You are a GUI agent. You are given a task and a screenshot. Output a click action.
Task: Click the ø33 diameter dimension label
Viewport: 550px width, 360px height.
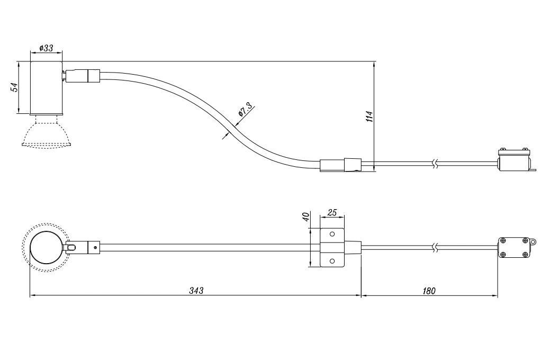46,48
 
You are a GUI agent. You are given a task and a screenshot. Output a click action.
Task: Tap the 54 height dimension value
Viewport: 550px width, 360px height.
14,87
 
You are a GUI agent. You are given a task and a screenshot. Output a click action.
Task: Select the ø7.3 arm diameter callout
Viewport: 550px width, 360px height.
245,109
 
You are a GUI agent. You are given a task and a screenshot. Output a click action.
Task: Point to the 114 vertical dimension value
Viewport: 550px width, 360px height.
369,116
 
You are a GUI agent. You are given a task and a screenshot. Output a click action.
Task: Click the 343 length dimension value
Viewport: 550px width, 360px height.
196,291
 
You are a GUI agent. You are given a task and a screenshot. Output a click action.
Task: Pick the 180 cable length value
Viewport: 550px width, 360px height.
429,291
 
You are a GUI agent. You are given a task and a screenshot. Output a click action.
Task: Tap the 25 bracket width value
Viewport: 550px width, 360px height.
332,212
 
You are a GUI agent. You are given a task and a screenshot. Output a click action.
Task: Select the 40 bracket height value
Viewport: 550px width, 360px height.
305,217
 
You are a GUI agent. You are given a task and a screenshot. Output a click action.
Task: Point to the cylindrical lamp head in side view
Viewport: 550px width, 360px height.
46,88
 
